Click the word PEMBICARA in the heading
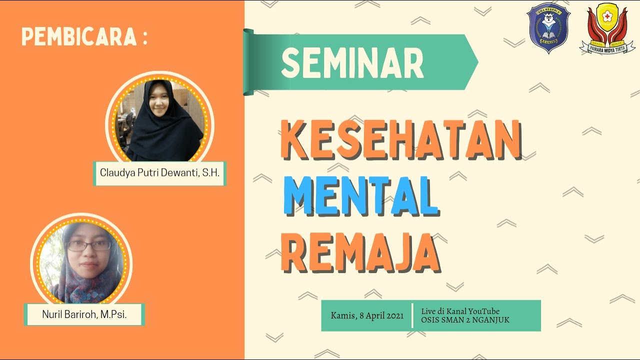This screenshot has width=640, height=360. [78, 37]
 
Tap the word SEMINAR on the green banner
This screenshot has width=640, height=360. [352, 63]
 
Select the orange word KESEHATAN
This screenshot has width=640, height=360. [400, 140]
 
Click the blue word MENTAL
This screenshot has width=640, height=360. [360, 194]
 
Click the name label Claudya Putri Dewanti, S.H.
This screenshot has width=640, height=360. [160, 173]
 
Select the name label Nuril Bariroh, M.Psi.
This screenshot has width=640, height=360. [84, 314]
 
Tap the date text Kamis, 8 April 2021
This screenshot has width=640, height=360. [367, 315]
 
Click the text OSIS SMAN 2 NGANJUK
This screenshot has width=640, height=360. [465, 320]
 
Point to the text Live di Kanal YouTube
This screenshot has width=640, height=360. [460, 311]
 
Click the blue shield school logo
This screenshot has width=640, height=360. [549, 27]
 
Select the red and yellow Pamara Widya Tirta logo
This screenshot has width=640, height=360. [607, 29]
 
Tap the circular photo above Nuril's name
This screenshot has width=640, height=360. [81, 263]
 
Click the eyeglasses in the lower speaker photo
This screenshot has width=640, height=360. [88, 245]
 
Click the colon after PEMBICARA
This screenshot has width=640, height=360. [144, 37]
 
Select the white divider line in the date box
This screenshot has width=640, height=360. [412, 315]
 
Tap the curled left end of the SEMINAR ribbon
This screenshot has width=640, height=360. [248, 62]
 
